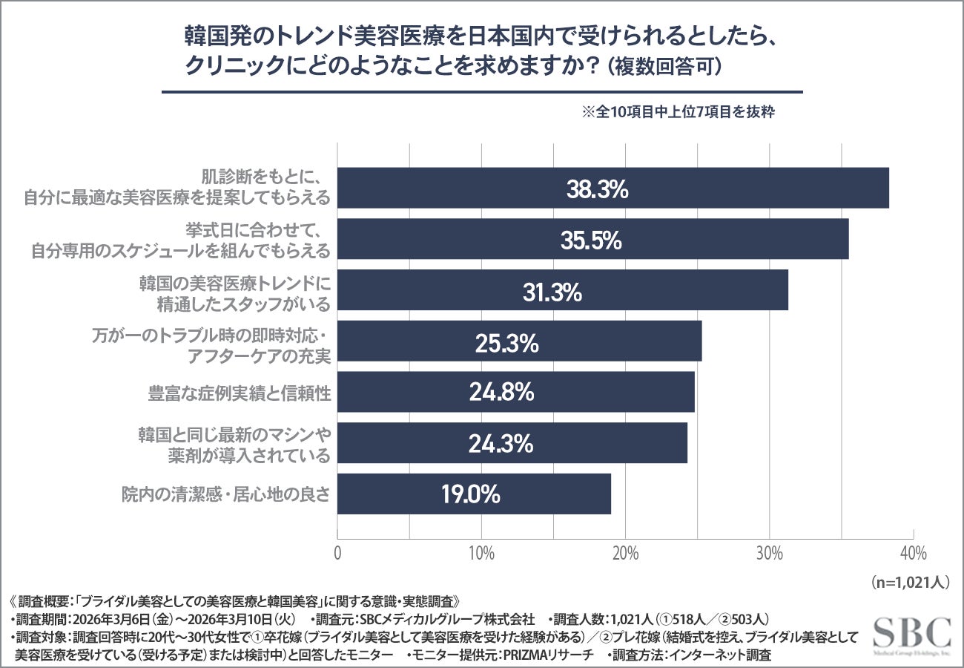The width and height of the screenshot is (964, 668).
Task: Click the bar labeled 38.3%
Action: [x=613, y=189]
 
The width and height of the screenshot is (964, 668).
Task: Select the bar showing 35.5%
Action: [x=592, y=239]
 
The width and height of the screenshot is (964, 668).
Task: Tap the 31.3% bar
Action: [x=562, y=290]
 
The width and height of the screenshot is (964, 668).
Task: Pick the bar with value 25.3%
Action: [x=519, y=341]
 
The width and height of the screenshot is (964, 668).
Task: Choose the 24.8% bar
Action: [x=515, y=392]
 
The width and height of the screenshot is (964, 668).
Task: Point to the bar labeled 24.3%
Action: [x=512, y=443]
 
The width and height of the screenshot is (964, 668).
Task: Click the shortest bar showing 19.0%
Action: [x=474, y=494]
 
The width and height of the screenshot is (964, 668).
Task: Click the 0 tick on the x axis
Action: [x=338, y=554]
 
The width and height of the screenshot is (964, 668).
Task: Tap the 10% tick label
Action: [x=481, y=554]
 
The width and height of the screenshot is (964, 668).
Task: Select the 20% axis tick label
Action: [x=625, y=554]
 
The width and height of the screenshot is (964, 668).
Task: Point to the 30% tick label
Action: [x=769, y=554]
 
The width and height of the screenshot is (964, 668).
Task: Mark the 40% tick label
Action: [x=913, y=554]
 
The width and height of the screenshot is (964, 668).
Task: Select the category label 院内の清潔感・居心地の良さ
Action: [x=225, y=494]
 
